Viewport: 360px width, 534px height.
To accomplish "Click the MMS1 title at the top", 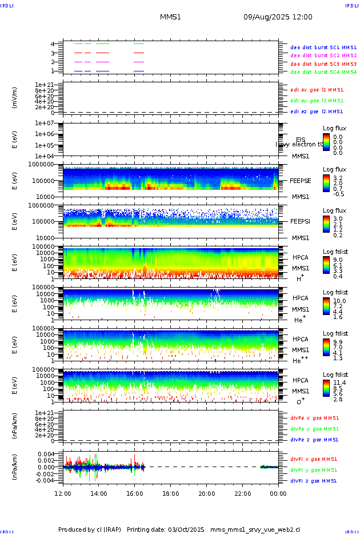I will point(170,17).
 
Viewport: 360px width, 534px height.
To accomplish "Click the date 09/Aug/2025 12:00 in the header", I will point(278,17).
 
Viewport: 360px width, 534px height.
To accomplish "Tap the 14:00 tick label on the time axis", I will point(99,493).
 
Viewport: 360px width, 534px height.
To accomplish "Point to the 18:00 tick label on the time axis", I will point(171,493).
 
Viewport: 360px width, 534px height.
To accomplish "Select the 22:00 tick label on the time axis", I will point(242,493).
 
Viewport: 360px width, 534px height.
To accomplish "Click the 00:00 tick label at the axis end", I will point(278,493).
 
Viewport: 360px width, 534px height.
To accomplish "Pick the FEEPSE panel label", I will point(301,180).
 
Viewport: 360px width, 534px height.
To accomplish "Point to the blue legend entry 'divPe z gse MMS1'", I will point(314,440).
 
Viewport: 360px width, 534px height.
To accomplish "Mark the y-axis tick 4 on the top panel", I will point(53,44).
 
